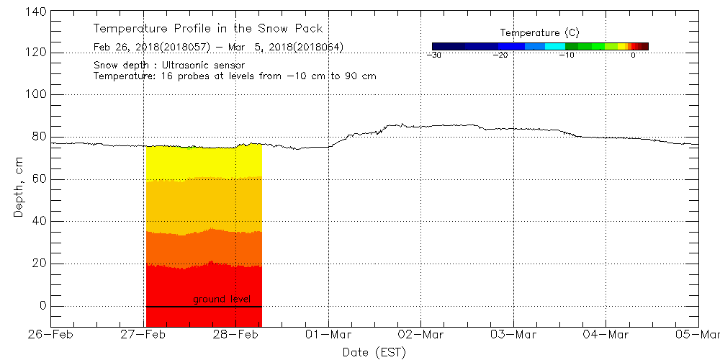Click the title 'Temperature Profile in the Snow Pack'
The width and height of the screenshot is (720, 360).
click(x=208, y=29)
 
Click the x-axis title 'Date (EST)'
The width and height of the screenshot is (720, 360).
click(x=374, y=352)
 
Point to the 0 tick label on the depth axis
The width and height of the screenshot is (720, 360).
click(x=42, y=306)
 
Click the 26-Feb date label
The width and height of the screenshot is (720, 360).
click(x=52, y=335)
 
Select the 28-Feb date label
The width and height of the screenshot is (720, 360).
click(x=236, y=335)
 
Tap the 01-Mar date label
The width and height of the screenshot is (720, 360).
click(x=328, y=335)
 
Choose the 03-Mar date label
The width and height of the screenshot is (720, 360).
click(x=513, y=335)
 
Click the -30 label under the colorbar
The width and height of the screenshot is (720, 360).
click(x=433, y=55)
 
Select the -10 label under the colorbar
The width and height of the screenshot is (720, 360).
click(x=567, y=55)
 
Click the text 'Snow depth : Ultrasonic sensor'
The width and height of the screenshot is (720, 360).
click(x=169, y=66)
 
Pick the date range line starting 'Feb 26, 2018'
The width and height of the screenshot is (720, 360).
click(x=218, y=48)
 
